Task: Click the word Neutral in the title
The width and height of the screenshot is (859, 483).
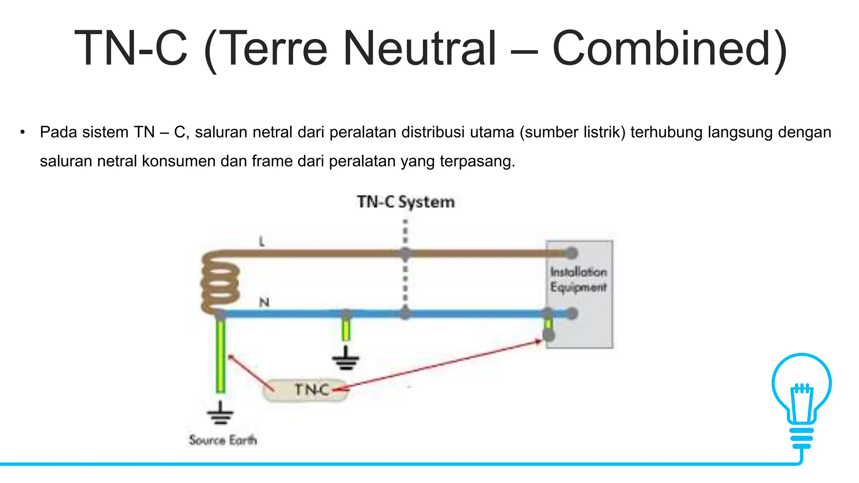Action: click(x=419, y=49)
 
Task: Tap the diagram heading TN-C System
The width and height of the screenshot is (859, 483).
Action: click(x=406, y=202)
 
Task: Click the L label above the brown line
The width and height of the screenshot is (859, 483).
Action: click(x=262, y=241)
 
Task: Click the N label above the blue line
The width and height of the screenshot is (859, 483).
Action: click(x=264, y=302)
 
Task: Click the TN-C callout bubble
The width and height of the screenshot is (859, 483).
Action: click(x=305, y=390)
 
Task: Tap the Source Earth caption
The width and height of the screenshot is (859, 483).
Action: click(x=222, y=440)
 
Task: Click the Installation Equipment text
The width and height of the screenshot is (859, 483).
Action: click(x=578, y=280)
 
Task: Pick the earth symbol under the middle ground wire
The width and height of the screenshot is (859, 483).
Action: click(x=346, y=360)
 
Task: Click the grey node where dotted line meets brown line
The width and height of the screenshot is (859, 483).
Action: click(x=405, y=253)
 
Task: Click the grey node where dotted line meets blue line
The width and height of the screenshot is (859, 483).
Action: click(x=405, y=313)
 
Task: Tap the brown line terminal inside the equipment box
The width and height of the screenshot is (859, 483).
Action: click(x=571, y=253)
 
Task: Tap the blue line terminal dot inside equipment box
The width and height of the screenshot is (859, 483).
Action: click(x=572, y=313)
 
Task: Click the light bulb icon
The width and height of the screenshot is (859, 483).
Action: click(x=802, y=398)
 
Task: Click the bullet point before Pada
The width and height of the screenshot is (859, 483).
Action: click(x=22, y=132)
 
